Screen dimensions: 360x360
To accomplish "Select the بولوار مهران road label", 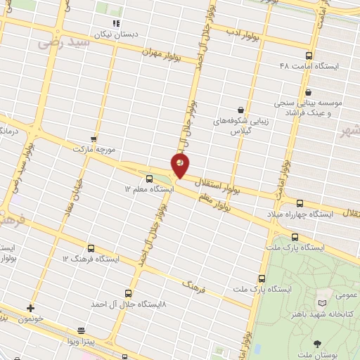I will pyautogui.click(x=161, y=53).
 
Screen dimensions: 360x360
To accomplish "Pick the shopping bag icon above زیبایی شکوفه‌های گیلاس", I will pyautogui.click(x=241, y=110).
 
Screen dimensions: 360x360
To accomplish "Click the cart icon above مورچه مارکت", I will pyautogui.click(x=94, y=140).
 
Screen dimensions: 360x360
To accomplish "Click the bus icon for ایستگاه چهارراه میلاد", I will pyautogui.click(x=301, y=203).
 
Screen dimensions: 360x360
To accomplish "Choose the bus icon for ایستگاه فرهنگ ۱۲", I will pyautogui.click(x=91, y=248).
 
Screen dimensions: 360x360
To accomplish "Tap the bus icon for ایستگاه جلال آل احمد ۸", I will pyautogui.click(x=128, y=293).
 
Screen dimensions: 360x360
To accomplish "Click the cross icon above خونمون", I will pyautogui.click(x=30, y=308).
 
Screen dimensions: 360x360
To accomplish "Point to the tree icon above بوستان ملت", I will pyautogui.click(x=317, y=343).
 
